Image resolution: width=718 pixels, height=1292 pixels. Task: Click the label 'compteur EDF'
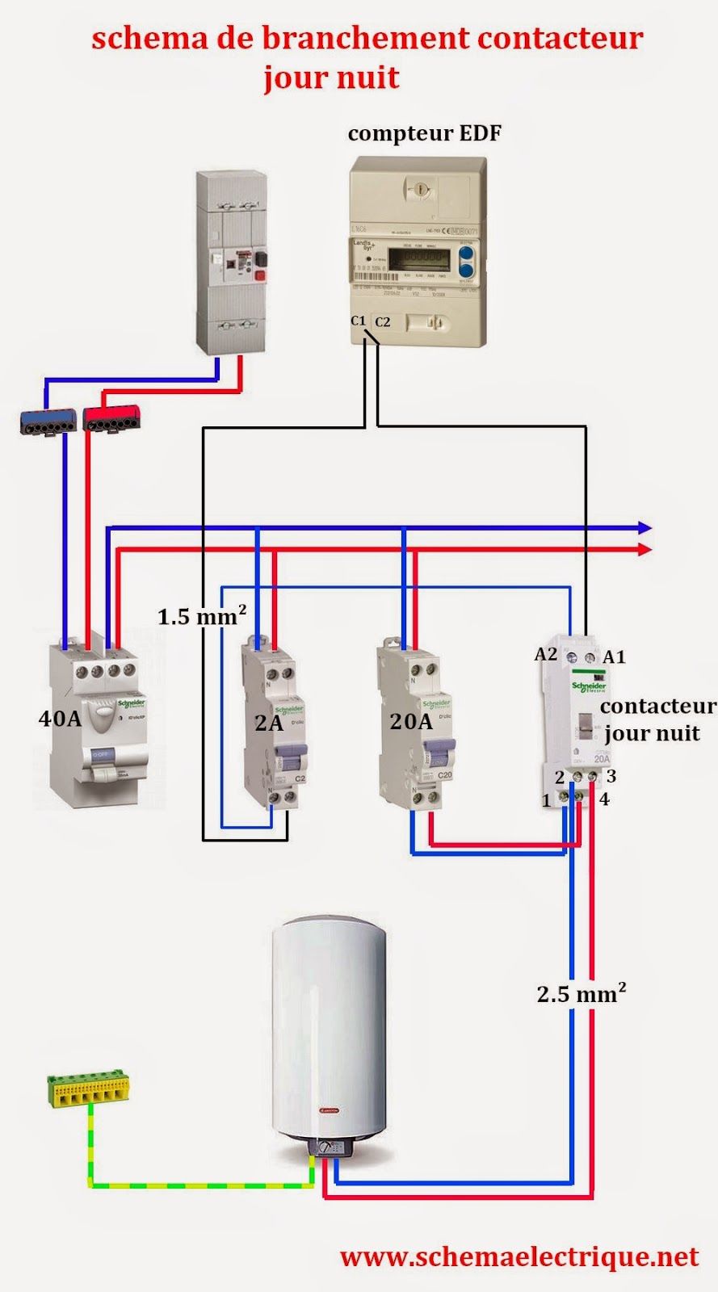pyautogui.click(x=424, y=133)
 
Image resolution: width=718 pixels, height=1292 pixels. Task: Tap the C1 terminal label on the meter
pyautogui.click(x=359, y=321)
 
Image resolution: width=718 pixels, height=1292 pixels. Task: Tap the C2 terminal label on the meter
pyautogui.click(x=382, y=321)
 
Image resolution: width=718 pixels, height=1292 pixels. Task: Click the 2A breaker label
pyautogui.click(x=269, y=724)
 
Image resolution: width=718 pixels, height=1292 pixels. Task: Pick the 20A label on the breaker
pyautogui.click(x=411, y=721)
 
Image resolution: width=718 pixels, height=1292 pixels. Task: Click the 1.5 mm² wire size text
pyautogui.click(x=201, y=616)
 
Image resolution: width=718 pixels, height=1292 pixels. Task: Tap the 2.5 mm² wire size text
pyautogui.click(x=582, y=992)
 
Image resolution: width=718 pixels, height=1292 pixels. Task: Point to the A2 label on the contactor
pyautogui.click(x=546, y=654)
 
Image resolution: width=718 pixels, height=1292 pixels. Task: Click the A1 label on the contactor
pyautogui.click(x=615, y=656)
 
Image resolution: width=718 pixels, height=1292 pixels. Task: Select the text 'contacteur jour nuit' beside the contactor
pyautogui.click(x=656, y=719)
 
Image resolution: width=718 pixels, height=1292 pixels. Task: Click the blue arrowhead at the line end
pyautogui.click(x=645, y=528)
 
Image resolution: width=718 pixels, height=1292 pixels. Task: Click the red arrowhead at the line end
pyautogui.click(x=645, y=549)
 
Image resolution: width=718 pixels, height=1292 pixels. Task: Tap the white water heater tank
pyautogui.click(x=329, y=1026)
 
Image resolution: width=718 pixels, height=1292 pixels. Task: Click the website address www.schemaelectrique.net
pyautogui.click(x=519, y=1256)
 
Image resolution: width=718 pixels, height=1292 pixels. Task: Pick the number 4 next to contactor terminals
pyautogui.click(x=604, y=799)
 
